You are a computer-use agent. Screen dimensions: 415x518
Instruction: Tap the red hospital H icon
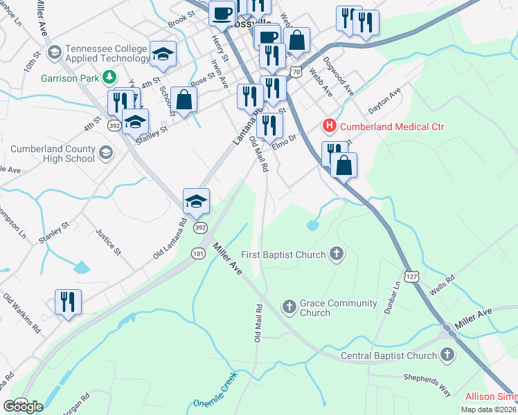[330, 126]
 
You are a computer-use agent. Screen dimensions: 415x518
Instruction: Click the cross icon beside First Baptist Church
[337, 255]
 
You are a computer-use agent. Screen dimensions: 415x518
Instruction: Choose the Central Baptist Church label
[389, 356]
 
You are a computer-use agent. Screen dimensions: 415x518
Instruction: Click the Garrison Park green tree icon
[109, 77]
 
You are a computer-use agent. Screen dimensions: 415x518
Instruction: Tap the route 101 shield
[198, 253]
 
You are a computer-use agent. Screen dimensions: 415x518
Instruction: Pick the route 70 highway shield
[296, 71]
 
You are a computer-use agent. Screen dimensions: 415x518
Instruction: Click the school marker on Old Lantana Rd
[196, 201]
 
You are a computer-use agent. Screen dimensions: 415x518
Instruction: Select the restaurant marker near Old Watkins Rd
[67, 302]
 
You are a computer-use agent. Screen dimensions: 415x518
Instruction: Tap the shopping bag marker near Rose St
[184, 100]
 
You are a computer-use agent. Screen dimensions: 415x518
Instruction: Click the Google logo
[23, 407]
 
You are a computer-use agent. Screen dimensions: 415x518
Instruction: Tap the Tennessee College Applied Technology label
[107, 54]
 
